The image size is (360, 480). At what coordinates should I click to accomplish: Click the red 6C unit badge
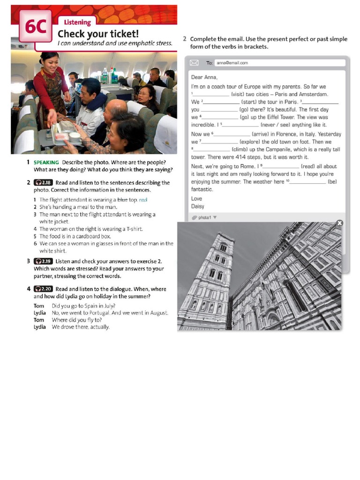tap(35, 27)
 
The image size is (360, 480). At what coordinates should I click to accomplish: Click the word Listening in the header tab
tap(77, 22)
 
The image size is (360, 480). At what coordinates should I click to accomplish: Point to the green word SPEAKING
tap(46, 162)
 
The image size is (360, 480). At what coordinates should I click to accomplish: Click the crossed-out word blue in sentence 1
tap(122, 200)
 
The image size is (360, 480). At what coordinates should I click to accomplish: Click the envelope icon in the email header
tap(195, 62)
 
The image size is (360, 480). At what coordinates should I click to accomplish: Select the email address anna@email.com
tap(232, 63)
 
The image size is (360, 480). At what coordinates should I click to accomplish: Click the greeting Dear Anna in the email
tap(204, 77)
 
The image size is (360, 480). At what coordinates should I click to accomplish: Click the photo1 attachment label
tap(204, 217)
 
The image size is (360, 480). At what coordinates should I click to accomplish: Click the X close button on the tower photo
tap(340, 223)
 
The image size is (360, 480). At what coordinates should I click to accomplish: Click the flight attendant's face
tap(50, 62)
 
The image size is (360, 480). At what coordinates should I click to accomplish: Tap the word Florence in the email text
tap(284, 134)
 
